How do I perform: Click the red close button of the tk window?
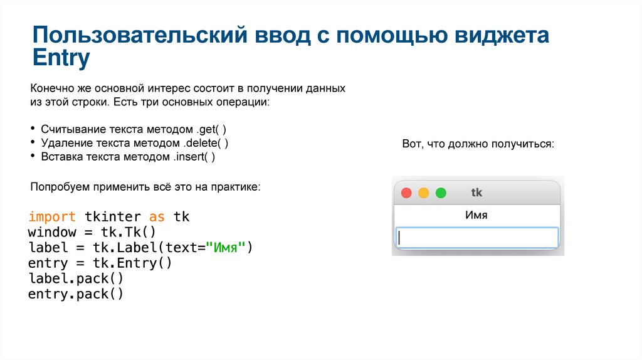[x=406, y=193]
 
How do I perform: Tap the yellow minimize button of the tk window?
[x=423, y=193]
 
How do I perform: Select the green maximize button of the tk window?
[x=441, y=193]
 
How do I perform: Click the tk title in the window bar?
[x=476, y=193]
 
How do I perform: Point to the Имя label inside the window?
[x=476, y=215]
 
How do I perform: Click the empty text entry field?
[x=476, y=237]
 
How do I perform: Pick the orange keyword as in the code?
[x=157, y=217]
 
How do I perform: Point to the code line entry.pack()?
[x=76, y=294]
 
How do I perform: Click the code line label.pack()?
[x=76, y=278]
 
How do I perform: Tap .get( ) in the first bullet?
[x=211, y=129]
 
